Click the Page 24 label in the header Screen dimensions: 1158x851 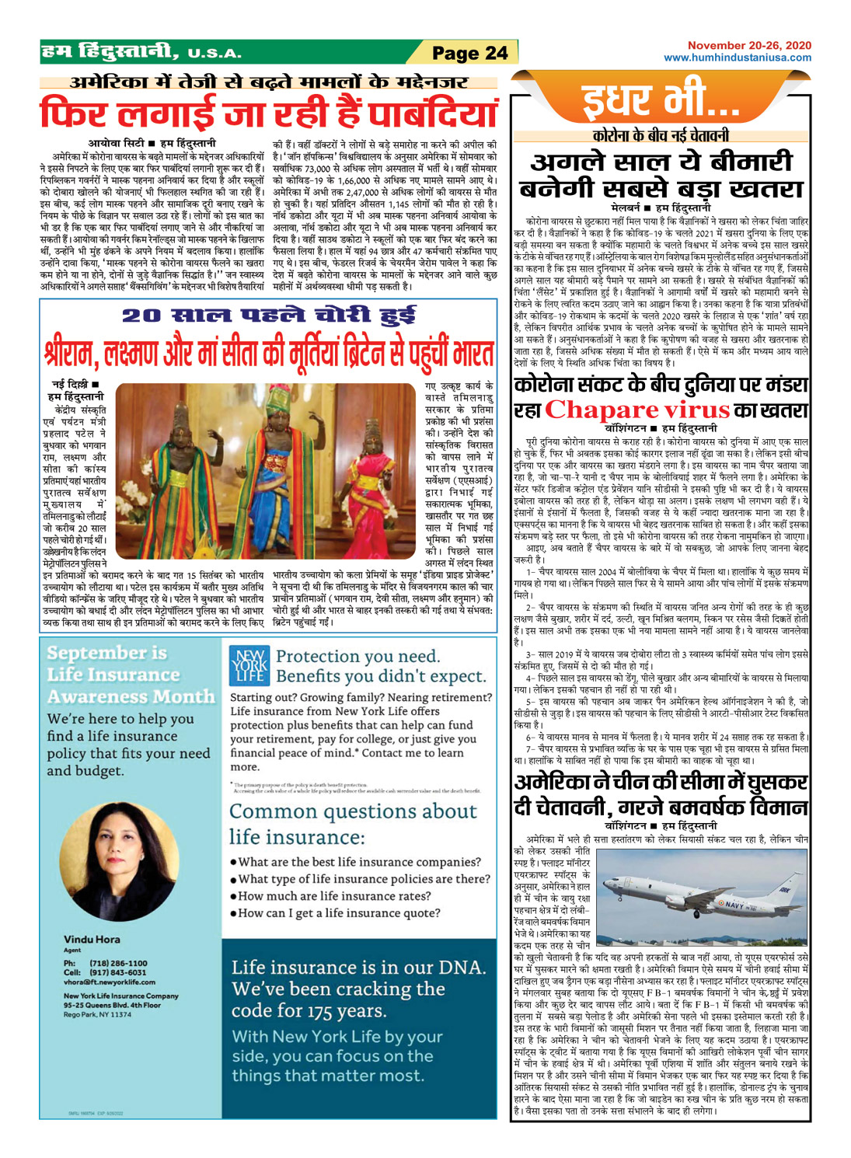(x=469, y=53)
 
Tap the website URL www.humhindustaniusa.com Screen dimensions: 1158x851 (x=737, y=58)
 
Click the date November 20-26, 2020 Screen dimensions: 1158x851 (x=749, y=46)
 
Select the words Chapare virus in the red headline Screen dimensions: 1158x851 (x=637, y=410)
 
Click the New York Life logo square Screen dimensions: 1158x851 (x=249, y=666)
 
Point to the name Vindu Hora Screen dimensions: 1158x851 (x=92, y=939)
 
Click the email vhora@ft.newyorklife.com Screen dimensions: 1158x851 (x=110, y=982)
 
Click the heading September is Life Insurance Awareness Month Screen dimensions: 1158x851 (x=130, y=674)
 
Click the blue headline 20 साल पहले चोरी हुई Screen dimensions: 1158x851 (x=268, y=316)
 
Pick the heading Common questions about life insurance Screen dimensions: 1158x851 (x=353, y=824)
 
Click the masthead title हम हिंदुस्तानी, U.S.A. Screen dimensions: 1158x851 (x=141, y=53)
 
